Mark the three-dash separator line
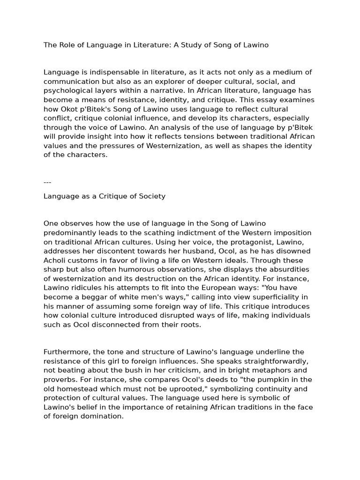point(47,182)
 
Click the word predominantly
point(70,232)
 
